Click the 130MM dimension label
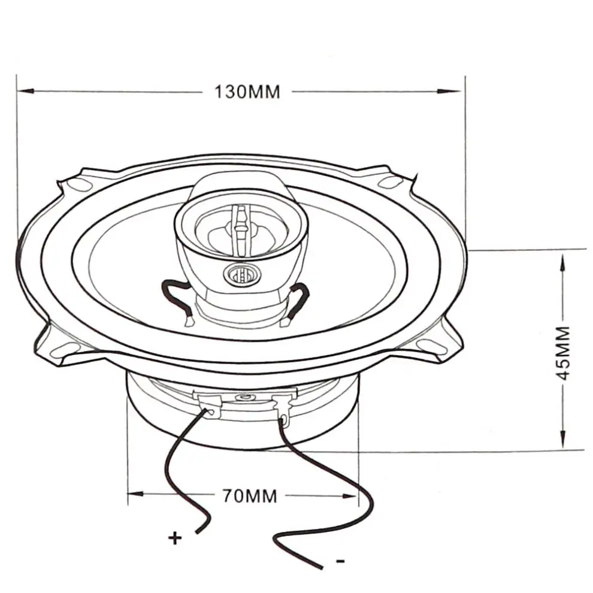click(247, 92)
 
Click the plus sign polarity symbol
click(175, 538)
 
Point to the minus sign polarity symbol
click(340, 561)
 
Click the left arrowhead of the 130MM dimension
click(24, 92)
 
